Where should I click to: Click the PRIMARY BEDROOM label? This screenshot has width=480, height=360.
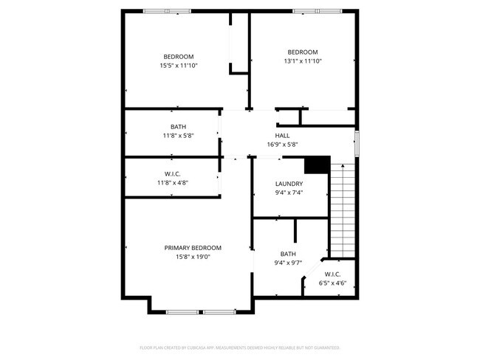click(193, 248)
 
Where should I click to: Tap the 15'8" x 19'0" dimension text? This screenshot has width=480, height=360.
click(193, 257)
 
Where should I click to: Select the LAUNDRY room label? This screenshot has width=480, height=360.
click(289, 184)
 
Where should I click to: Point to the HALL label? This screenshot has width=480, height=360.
click(282, 136)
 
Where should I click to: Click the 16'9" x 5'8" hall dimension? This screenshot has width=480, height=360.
click(282, 145)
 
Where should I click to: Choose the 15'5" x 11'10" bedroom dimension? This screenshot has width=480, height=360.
click(178, 66)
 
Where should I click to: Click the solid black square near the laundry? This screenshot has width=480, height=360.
click(317, 165)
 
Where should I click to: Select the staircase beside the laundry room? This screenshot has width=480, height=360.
click(342, 210)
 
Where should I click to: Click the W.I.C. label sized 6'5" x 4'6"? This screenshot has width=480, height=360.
click(332, 274)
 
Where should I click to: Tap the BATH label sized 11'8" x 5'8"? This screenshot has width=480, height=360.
click(178, 127)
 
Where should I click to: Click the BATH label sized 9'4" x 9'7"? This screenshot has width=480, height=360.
click(288, 254)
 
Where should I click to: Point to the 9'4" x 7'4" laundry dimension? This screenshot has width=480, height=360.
click(289, 193)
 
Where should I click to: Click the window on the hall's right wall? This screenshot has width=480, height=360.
click(356, 143)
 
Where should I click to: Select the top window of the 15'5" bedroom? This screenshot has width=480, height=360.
click(167, 11)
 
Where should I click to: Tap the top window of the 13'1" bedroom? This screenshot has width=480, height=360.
click(317, 11)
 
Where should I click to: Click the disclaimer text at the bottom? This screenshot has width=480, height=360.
click(239, 347)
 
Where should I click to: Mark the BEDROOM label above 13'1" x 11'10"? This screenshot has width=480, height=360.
click(302, 52)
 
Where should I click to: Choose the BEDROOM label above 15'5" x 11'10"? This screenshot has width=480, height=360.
click(178, 57)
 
